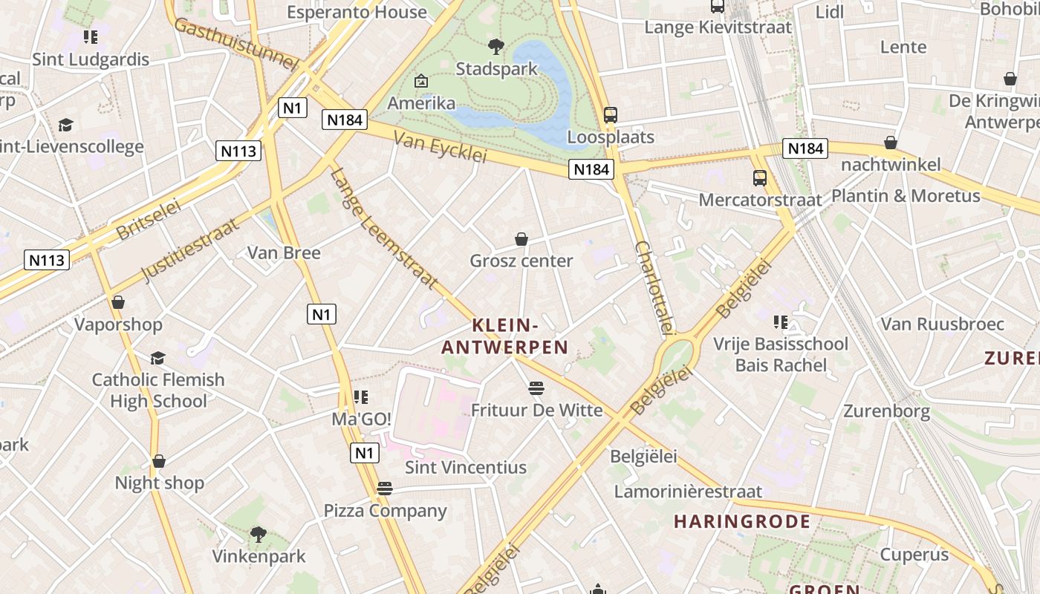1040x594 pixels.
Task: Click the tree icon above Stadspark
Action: pyautogui.click(x=495, y=47)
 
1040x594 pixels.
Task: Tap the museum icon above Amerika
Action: pyautogui.click(x=421, y=81)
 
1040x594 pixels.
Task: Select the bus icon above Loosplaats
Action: pyautogui.click(x=611, y=115)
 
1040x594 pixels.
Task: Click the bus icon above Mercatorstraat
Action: pyautogui.click(x=759, y=178)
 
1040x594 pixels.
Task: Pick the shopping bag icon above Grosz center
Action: pyautogui.click(x=521, y=239)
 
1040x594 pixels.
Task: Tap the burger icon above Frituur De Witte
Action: pyautogui.click(x=536, y=388)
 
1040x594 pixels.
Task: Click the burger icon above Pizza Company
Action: pyautogui.click(x=384, y=489)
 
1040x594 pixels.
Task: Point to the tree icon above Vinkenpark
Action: pyautogui.click(x=259, y=534)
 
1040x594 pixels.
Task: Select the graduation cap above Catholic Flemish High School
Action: pyautogui.click(x=157, y=359)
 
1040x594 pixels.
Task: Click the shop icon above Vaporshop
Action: pyautogui.click(x=117, y=302)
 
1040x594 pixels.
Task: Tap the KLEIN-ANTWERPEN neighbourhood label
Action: pyautogui.click(x=505, y=336)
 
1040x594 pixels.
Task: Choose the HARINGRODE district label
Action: pyautogui.click(x=742, y=521)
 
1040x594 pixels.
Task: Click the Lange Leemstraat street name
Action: pyautogui.click(x=383, y=229)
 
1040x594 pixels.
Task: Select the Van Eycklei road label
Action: pyautogui.click(x=440, y=146)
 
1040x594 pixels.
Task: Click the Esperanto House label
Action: pyautogui.click(x=357, y=12)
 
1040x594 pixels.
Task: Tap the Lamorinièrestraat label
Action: pyautogui.click(x=688, y=491)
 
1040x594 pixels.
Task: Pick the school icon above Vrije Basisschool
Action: pyautogui.click(x=780, y=322)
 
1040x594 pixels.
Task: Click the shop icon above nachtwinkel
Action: pyautogui.click(x=890, y=143)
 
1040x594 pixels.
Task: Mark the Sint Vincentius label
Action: pyautogui.click(x=466, y=468)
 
